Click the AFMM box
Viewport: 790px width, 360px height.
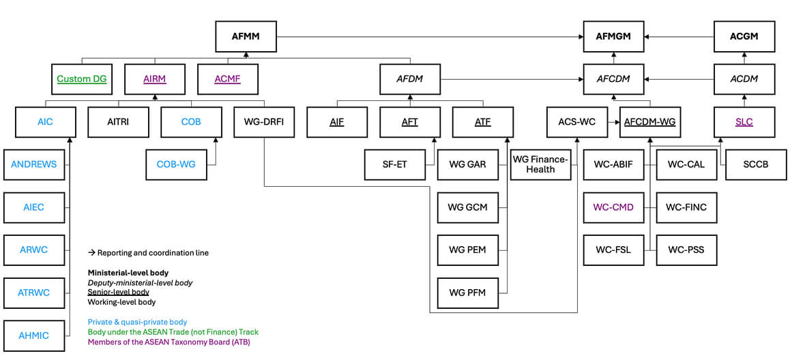click(246, 36)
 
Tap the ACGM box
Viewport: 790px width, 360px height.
click(744, 36)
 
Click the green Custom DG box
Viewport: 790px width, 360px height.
click(82, 79)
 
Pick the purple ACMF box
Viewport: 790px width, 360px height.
click(227, 79)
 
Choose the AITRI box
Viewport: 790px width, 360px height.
click(118, 122)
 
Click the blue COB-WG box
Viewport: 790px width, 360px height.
click(176, 164)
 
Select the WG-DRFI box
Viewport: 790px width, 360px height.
click(263, 122)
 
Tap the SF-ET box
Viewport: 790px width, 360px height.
click(394, 164)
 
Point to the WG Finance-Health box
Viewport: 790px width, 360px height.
click(540, 164)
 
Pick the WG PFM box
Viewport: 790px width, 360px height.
click(467, 292)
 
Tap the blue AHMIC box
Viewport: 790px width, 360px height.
click(34, 335)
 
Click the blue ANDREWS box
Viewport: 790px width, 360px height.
click(34, 164)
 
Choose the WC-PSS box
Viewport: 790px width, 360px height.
click(686, 250)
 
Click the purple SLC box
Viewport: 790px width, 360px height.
click(744, 122)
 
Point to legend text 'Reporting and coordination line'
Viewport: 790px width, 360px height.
click(152, 252)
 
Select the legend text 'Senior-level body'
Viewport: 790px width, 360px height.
click(119, 292)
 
